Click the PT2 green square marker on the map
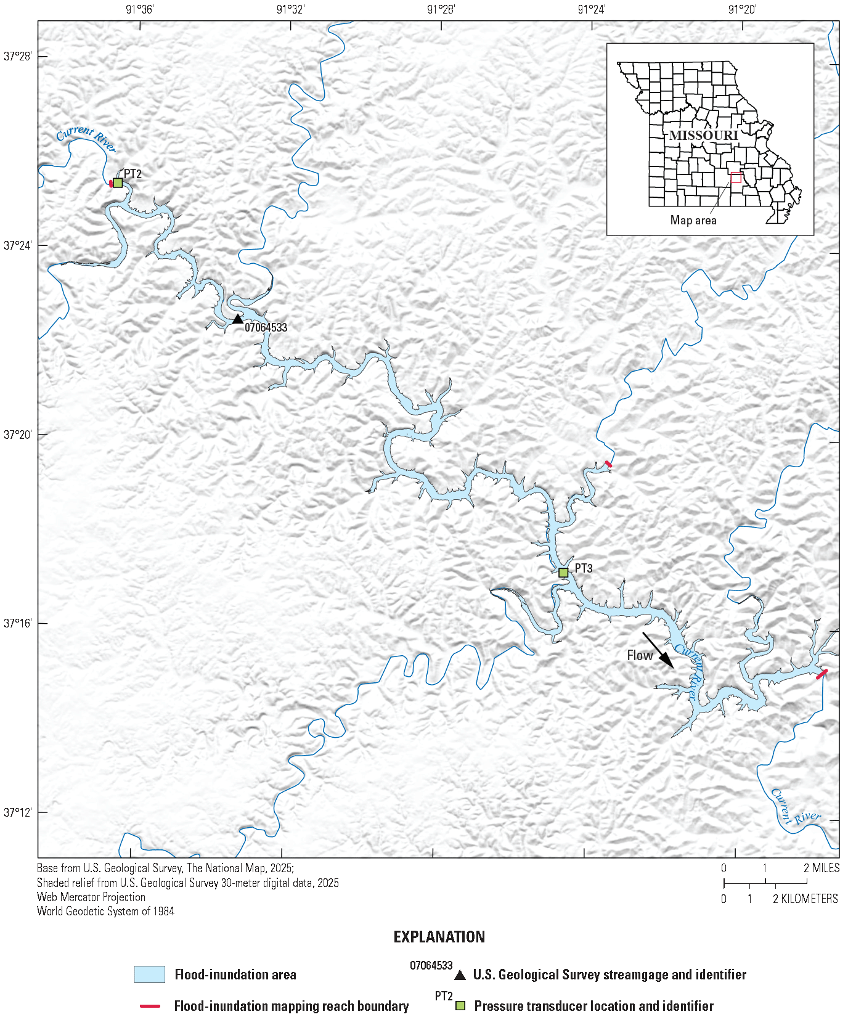[118, 183]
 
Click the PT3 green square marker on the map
[563, 573]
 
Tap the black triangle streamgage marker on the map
[238, 319]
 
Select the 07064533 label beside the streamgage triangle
[266, 327]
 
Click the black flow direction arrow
[658, 650]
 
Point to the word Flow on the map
[639, 656]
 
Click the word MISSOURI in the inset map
[703, 135]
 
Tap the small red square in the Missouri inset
[736, 178]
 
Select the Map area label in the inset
[693, 220]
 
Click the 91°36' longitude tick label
[140, 9]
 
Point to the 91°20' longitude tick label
[742, 9]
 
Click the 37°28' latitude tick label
[17, 56]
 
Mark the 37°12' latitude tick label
[17, 812]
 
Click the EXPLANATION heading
[439, 937]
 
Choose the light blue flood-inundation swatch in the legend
[150, 974]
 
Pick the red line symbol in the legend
[150, 1006]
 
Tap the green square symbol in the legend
[460, 1006]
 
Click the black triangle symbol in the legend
[460, 975]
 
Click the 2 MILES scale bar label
[821, 868]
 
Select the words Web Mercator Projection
[91, 897]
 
